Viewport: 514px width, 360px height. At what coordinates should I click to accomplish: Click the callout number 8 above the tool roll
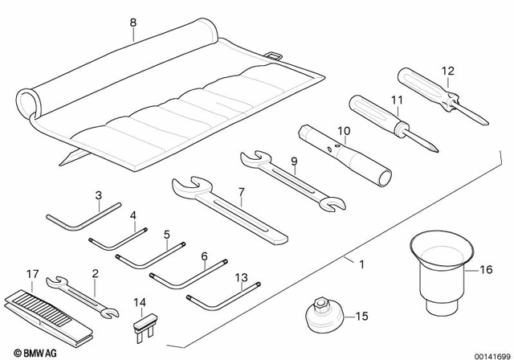click(x=133, y=24)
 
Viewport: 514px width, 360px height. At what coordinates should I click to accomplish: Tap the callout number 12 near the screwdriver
click(x=447, y=70)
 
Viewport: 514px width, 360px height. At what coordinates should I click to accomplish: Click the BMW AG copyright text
click(x=30, y=351)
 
